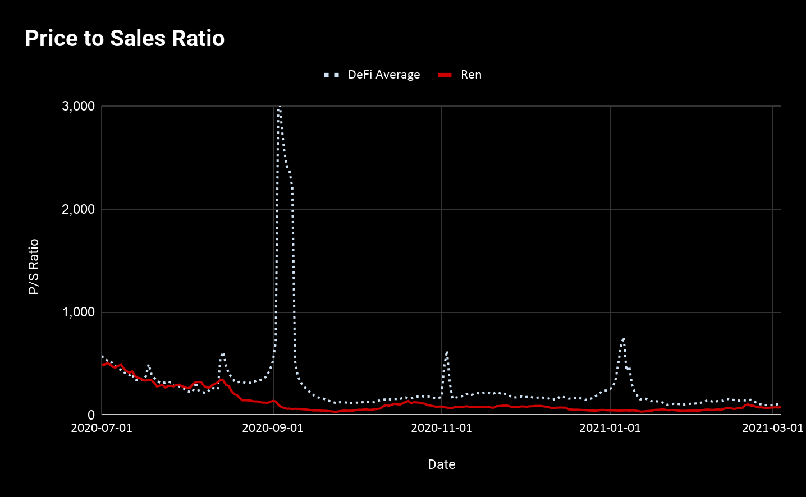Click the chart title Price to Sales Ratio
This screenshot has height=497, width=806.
(125, 38)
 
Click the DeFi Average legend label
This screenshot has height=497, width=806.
(384, 75)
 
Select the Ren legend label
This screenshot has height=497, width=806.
(471, 75)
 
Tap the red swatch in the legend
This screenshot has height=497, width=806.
(445, 75)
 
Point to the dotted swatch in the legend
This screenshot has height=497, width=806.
(332, 75)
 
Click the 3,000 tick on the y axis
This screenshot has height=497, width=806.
(78, 106)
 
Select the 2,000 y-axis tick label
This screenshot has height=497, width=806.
(78, 209)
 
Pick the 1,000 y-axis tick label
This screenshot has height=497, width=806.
(78, 312)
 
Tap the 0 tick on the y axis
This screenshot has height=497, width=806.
(91, 415)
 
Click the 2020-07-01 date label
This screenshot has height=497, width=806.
(102, 428)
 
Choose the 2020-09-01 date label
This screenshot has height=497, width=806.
(273, 428)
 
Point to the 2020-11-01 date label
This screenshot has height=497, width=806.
(442, 428)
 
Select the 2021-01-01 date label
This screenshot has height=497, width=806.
(610, 428)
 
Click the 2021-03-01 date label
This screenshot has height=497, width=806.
(772, 428)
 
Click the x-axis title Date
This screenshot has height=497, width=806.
(441, 464)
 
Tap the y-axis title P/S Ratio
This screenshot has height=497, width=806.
(34, 266)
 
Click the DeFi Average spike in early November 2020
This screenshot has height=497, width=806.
(447, 353)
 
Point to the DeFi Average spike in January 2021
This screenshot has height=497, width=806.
(623, 339)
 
